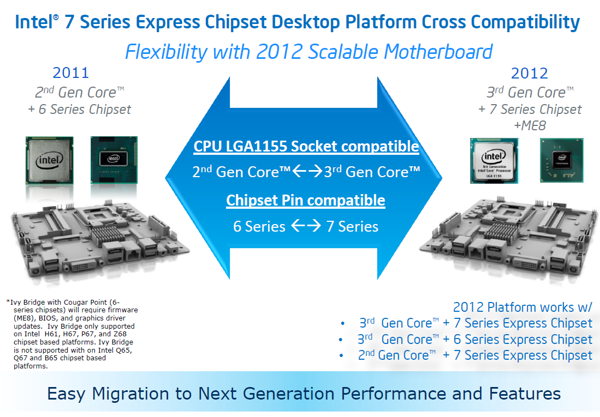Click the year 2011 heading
[x=70, y=72]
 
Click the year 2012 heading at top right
[x=529, y=73]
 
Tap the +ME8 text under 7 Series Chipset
[x=530, y=126]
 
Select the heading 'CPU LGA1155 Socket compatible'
[x=306, y=147]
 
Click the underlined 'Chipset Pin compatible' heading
[x=306, y=200]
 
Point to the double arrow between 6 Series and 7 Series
[x=306, y=226]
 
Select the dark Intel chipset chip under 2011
[x=114, y=159]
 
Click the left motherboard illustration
[x=93, y=240]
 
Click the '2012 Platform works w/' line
[x=522, y=307]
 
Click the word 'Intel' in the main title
[x=33, y=22]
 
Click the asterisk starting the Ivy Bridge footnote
[x=8, y=302]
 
